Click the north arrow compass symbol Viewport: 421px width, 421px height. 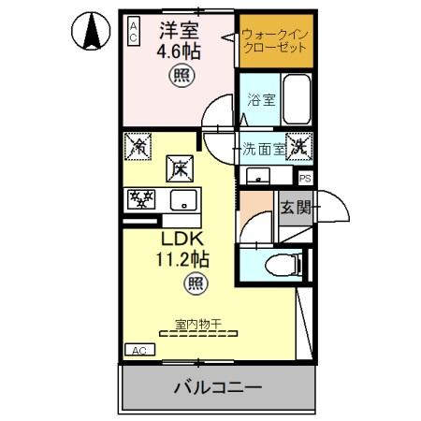pyautogui.click(x=90, y=35)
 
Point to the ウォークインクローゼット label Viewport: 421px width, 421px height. pyautogui.click(x=273, y=40)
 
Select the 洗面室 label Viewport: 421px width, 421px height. pyautogui.click(x=261, y=147)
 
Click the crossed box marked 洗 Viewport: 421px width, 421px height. pyautogui.click(x=298, y=146)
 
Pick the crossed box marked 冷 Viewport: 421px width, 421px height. pyautogui.click(x=138, y=146)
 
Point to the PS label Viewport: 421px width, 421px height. pyautogui.click(x=305, y=178)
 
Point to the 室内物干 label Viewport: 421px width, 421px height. pyautogui.click(x=196, y=324)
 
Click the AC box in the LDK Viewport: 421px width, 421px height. pyautogui.click(x=138, y=350)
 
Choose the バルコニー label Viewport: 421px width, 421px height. pyautogui.click(x=216, y=386)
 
